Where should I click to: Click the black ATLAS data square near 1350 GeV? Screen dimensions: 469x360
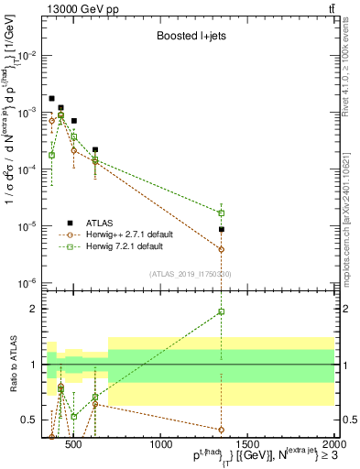(222, 229)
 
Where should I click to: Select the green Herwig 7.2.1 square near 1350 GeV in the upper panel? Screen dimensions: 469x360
(222, 213)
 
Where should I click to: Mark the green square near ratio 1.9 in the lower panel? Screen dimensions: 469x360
(222, 312)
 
